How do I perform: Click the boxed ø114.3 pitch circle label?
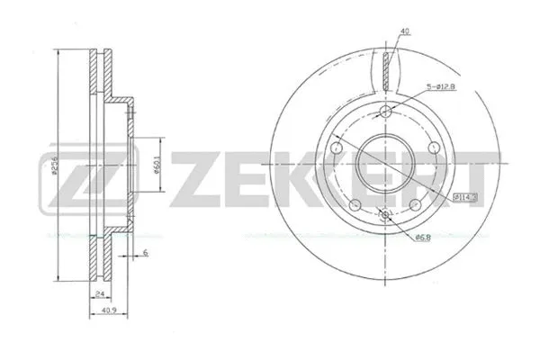point(467,196)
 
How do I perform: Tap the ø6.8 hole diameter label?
point(423,238)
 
